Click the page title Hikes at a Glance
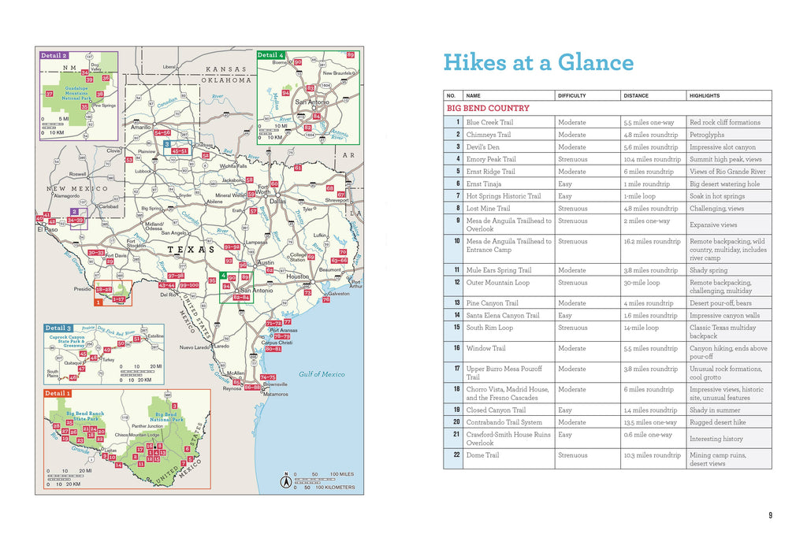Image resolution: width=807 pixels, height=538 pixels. (x=538, y=63)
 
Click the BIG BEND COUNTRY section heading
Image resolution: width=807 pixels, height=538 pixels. (x=488, y=108)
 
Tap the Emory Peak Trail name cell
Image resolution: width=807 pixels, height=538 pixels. (x=491, y=159)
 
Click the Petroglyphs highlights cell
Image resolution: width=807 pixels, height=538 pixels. (x=707, y=135)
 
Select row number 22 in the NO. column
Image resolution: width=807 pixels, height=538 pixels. (x=455, y=455)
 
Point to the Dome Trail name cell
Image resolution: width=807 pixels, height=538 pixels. (x=482, y=455)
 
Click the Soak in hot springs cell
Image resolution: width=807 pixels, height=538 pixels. (x=716, y=196)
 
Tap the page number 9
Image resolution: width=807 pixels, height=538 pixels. (x=770, y=516)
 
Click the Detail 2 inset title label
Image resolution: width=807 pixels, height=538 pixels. (x=54, y=56)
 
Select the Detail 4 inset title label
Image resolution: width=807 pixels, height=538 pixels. (x=271, y=55)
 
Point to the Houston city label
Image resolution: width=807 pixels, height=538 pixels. (x=297, y=277)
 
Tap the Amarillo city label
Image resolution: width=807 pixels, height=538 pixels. (x=141, y=125)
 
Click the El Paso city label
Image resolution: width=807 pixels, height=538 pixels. (x=47, y=230)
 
